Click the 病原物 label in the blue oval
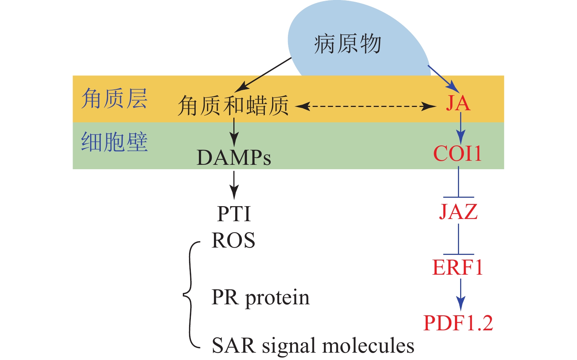pos(347,44)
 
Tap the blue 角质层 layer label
pos(114,99)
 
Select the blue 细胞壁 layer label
pos(114,142)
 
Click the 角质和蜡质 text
pos(233,106)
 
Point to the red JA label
pos(458,103)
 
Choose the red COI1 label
pos(458,154)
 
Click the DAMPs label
pos(234,158)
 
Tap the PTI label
pos(234,214)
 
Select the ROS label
pos(233,241)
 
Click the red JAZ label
pos(458,212)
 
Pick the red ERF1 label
pos(458,268)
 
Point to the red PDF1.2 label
pos(458,323)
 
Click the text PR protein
pos(260,297)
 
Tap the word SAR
pos(233,346)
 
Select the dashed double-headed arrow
pos(366,107)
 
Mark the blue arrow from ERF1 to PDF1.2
pos(461,294)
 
